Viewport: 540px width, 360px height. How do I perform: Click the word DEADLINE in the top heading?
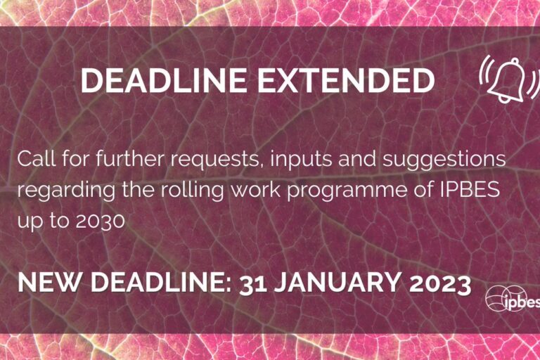click(x=164, y=80)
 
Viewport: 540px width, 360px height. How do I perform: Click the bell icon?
click(x=509, y=79)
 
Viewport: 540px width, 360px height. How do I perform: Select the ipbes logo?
click(x=513, y=300)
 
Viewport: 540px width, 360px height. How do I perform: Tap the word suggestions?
click(x=444, y=160)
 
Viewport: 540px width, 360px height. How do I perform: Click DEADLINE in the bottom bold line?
click(x=161, y=282)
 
